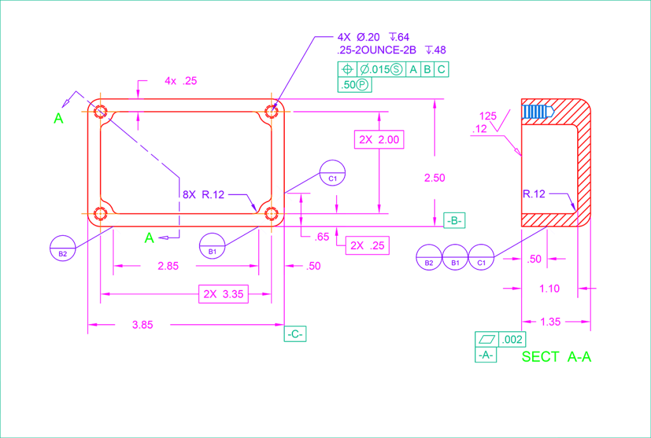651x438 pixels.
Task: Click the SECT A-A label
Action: pyautogui.click(x=556, y=357)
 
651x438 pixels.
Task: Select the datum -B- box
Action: pyautogui.click(x=454, y=221)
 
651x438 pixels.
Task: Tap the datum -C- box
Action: pyautogui.click(x=295, y=334)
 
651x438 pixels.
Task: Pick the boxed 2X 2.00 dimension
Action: pyautogui.click(x=379, y=139)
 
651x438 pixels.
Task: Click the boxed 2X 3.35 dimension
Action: pyautogui.click(x=223, y=294)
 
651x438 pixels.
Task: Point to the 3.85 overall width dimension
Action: pyautogui.click(x=142, y=325)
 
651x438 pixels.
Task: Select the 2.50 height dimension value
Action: pyautogui.click(x=434, y=178)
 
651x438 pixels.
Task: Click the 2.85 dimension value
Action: pyautogui.click(x=168, y=266)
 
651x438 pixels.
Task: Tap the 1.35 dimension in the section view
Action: pyautogui.click(x=550, y=322)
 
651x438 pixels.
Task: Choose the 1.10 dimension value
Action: pyautogui.click(x=549, y=289)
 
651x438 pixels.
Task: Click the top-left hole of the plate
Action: pyautogui.click(x=100, y=112)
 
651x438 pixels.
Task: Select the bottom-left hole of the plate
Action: pyautogui.click(x=100, y=213)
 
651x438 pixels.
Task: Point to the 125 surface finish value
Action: pyautogui.click(x=488, y=116)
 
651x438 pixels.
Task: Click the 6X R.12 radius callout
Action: pyautogui.click(x=203, y=195)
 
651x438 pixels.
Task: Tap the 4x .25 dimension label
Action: pyautogui.click(x=181, y=81)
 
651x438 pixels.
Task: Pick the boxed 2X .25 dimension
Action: pyautogui.click(x=367, y=245)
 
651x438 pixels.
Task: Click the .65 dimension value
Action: pyautogui.click(x=322, y=237)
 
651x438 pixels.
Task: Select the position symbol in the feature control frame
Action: pyautogui.click(x=347, y=70)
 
